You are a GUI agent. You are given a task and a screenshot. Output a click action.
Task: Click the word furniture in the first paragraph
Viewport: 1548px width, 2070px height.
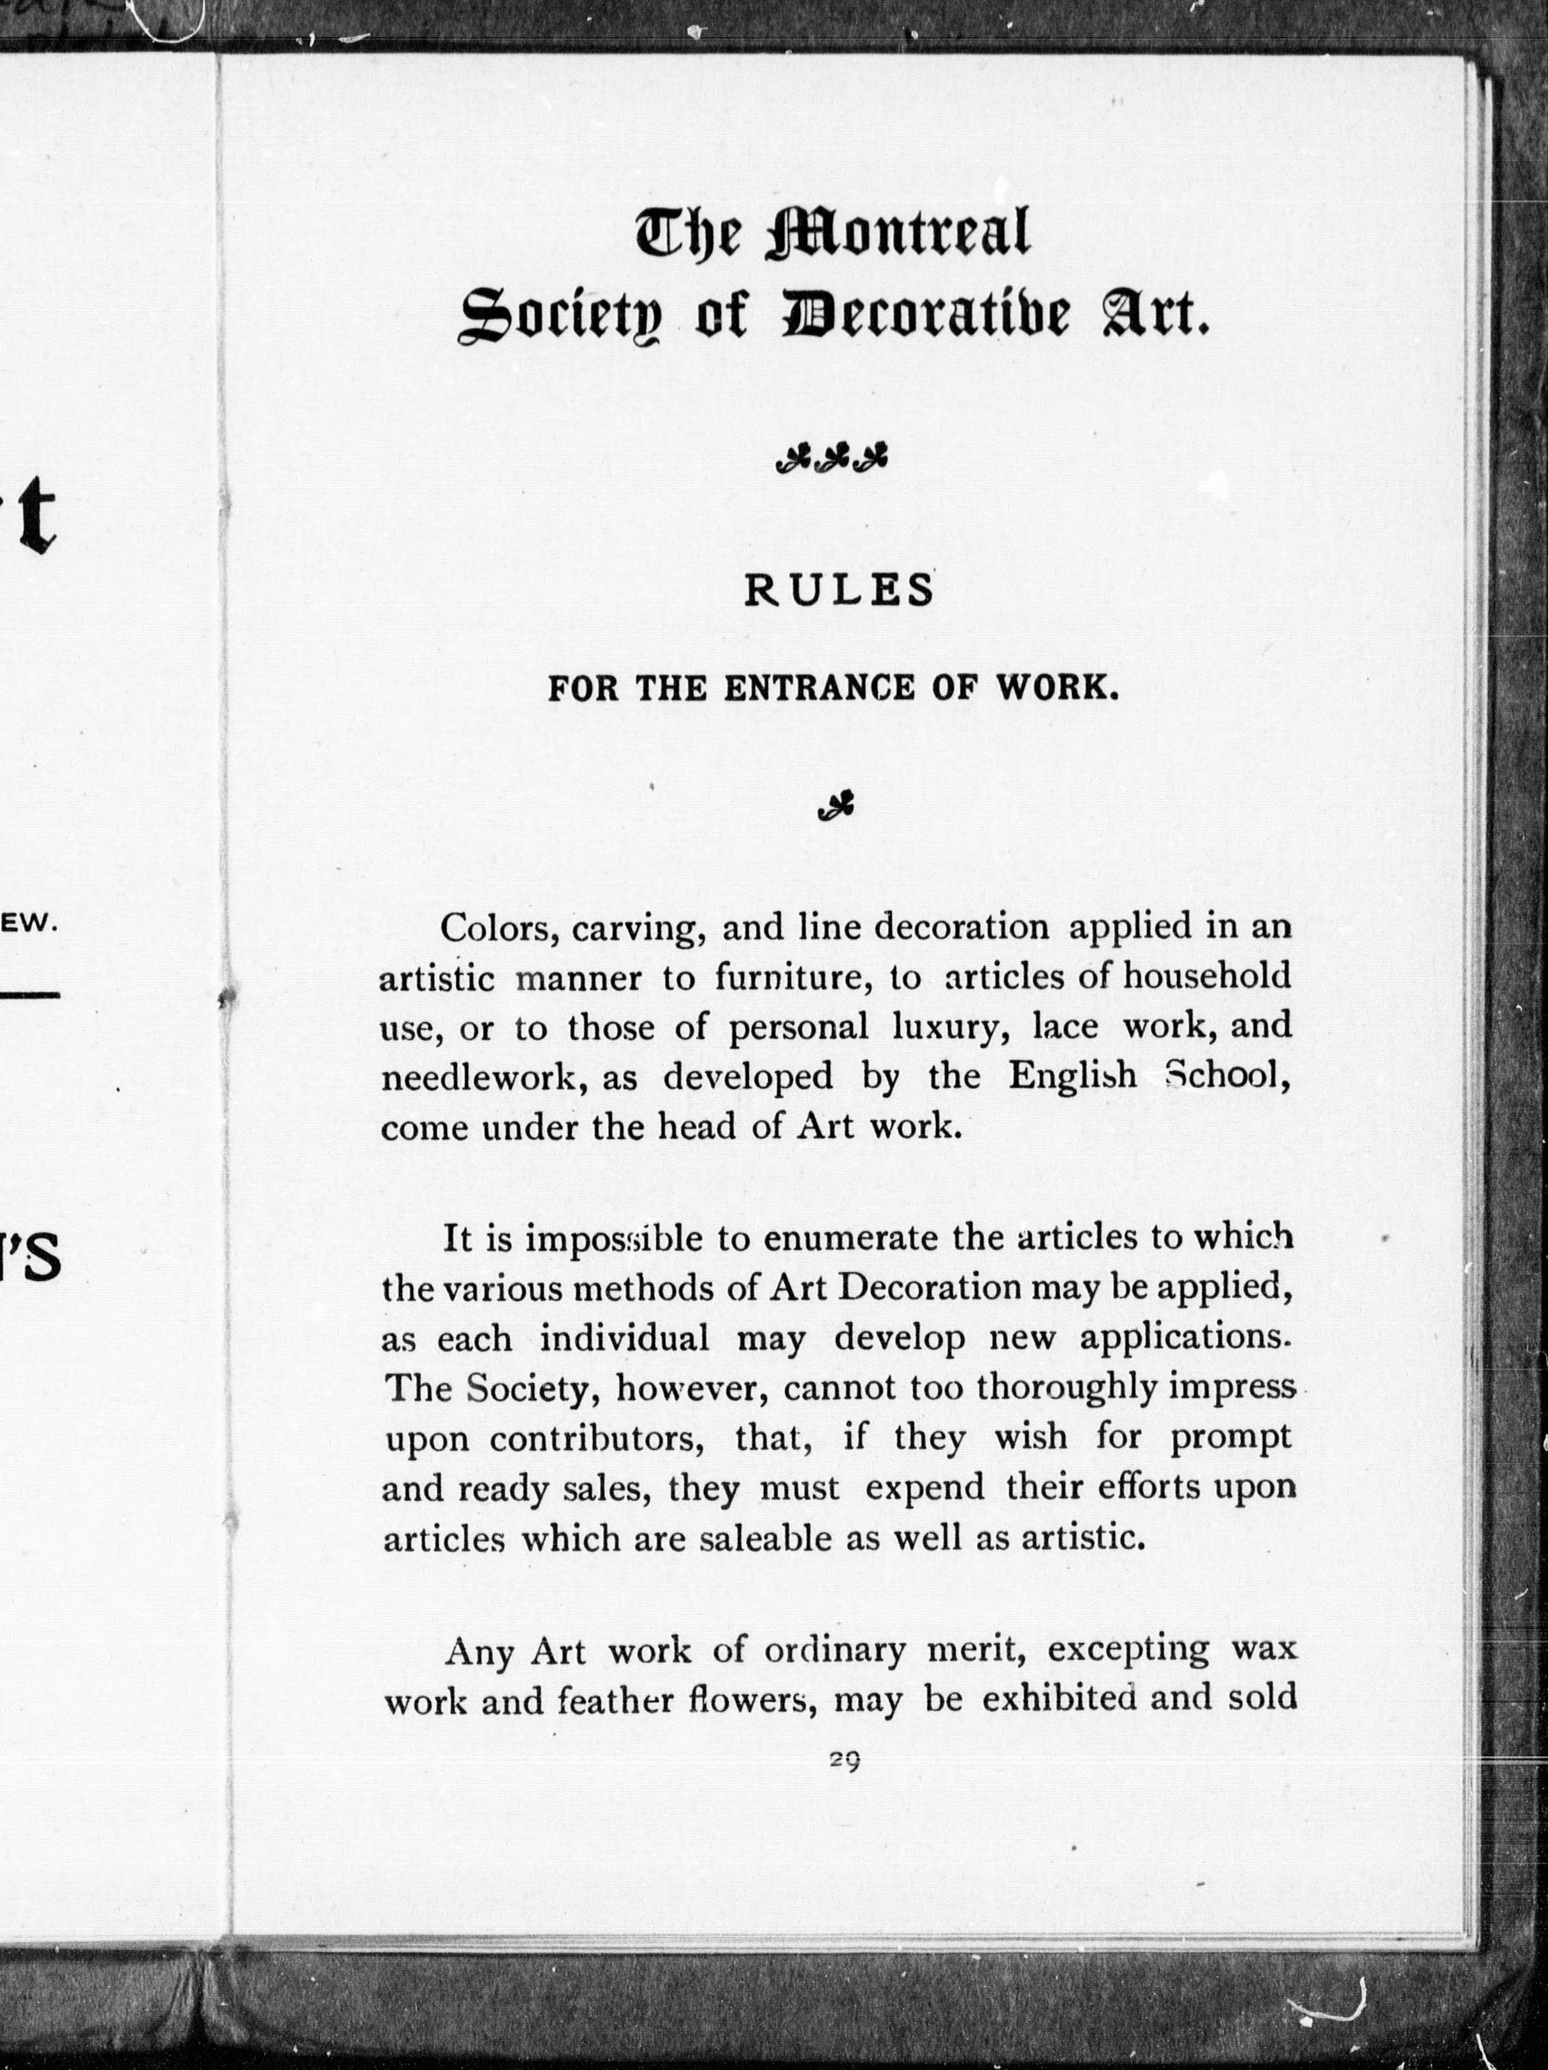[x=792, y=978]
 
